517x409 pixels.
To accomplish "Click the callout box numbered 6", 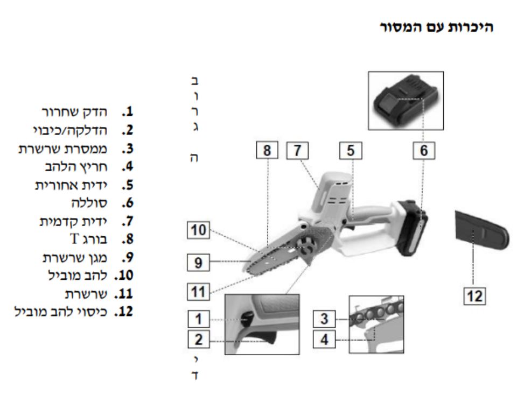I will [x=423, y=151].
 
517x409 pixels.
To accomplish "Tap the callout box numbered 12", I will [x=475, y=295].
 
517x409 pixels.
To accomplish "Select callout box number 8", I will [x=267, y=151].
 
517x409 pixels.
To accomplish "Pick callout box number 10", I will [x=198, y=231].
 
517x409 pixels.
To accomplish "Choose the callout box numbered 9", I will [x=198, y=262].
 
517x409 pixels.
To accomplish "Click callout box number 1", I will [x=198, y=320].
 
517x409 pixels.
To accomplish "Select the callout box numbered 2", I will [x=198, y=340].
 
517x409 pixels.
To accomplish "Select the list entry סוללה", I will [x=89, y=203].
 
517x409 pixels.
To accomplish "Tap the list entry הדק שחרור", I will [x=75, y=112].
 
